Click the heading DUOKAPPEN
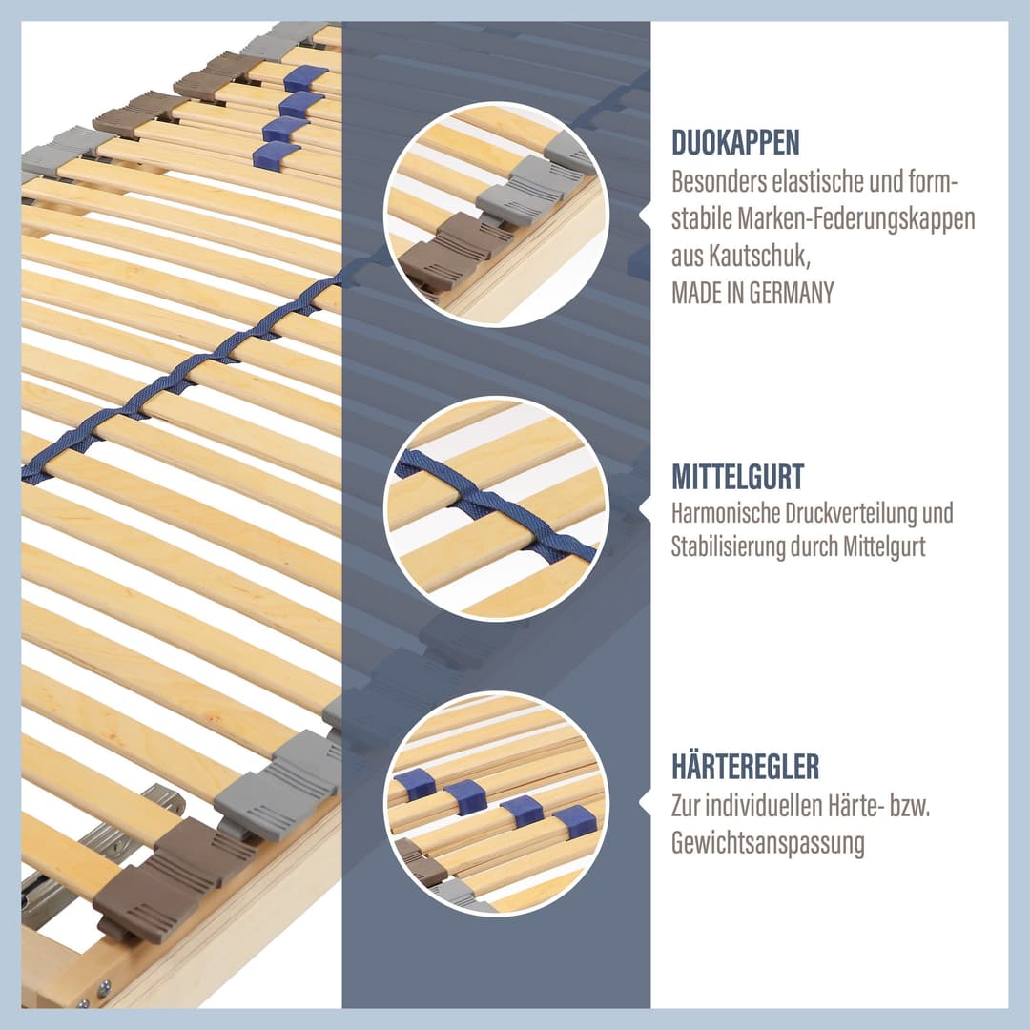click(x=735, y=142)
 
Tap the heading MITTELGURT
click(x=737, y=477)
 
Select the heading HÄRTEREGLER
click(x=746, y=767)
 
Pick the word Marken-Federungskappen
click(x=855, y=218)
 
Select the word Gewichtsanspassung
click(x=767, y=843)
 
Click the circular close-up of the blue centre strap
click(x=497, y=508)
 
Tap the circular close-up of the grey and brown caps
click(x=497, y=214)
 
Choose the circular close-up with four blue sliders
click(x=497, y=803)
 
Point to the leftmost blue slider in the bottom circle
click(x=415, y=784)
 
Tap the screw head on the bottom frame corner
click(x=104, y=987)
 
